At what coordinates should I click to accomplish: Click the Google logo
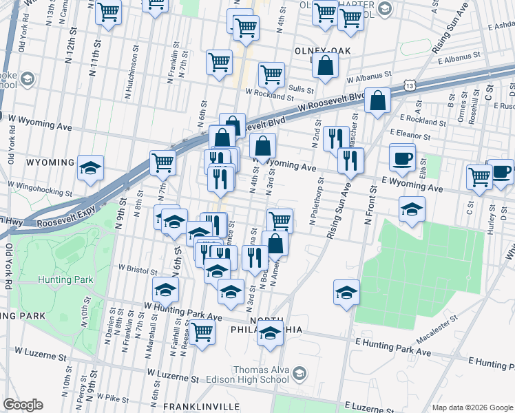(23, 405)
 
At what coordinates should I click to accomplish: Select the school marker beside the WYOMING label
(90, 169)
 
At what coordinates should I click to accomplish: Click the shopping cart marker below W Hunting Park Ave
(202, 332)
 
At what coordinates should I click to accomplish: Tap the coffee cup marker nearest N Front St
(402, 158)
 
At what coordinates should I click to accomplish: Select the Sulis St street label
(301, 89)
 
